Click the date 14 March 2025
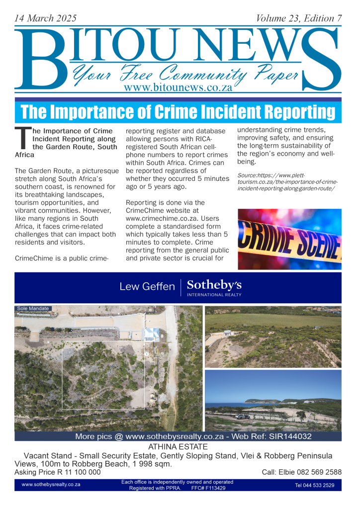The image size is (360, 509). [x=46, y=18]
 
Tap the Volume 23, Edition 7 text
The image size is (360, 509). [x=299, y=18]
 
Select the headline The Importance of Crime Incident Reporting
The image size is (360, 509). [x=178, y=112]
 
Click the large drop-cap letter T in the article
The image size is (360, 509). [x=23, y=138]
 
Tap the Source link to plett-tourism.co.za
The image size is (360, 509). [x=287, y=182]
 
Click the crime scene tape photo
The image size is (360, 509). [x=289, y=239]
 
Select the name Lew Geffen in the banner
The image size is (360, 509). [x=147, y=287]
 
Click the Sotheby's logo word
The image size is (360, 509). [x=214, y=285]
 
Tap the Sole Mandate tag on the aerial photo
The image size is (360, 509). [x=33, y=309]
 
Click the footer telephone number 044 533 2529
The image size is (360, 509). [x=315, y=485]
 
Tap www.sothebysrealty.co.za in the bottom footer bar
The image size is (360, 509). [x=51, y=485]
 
